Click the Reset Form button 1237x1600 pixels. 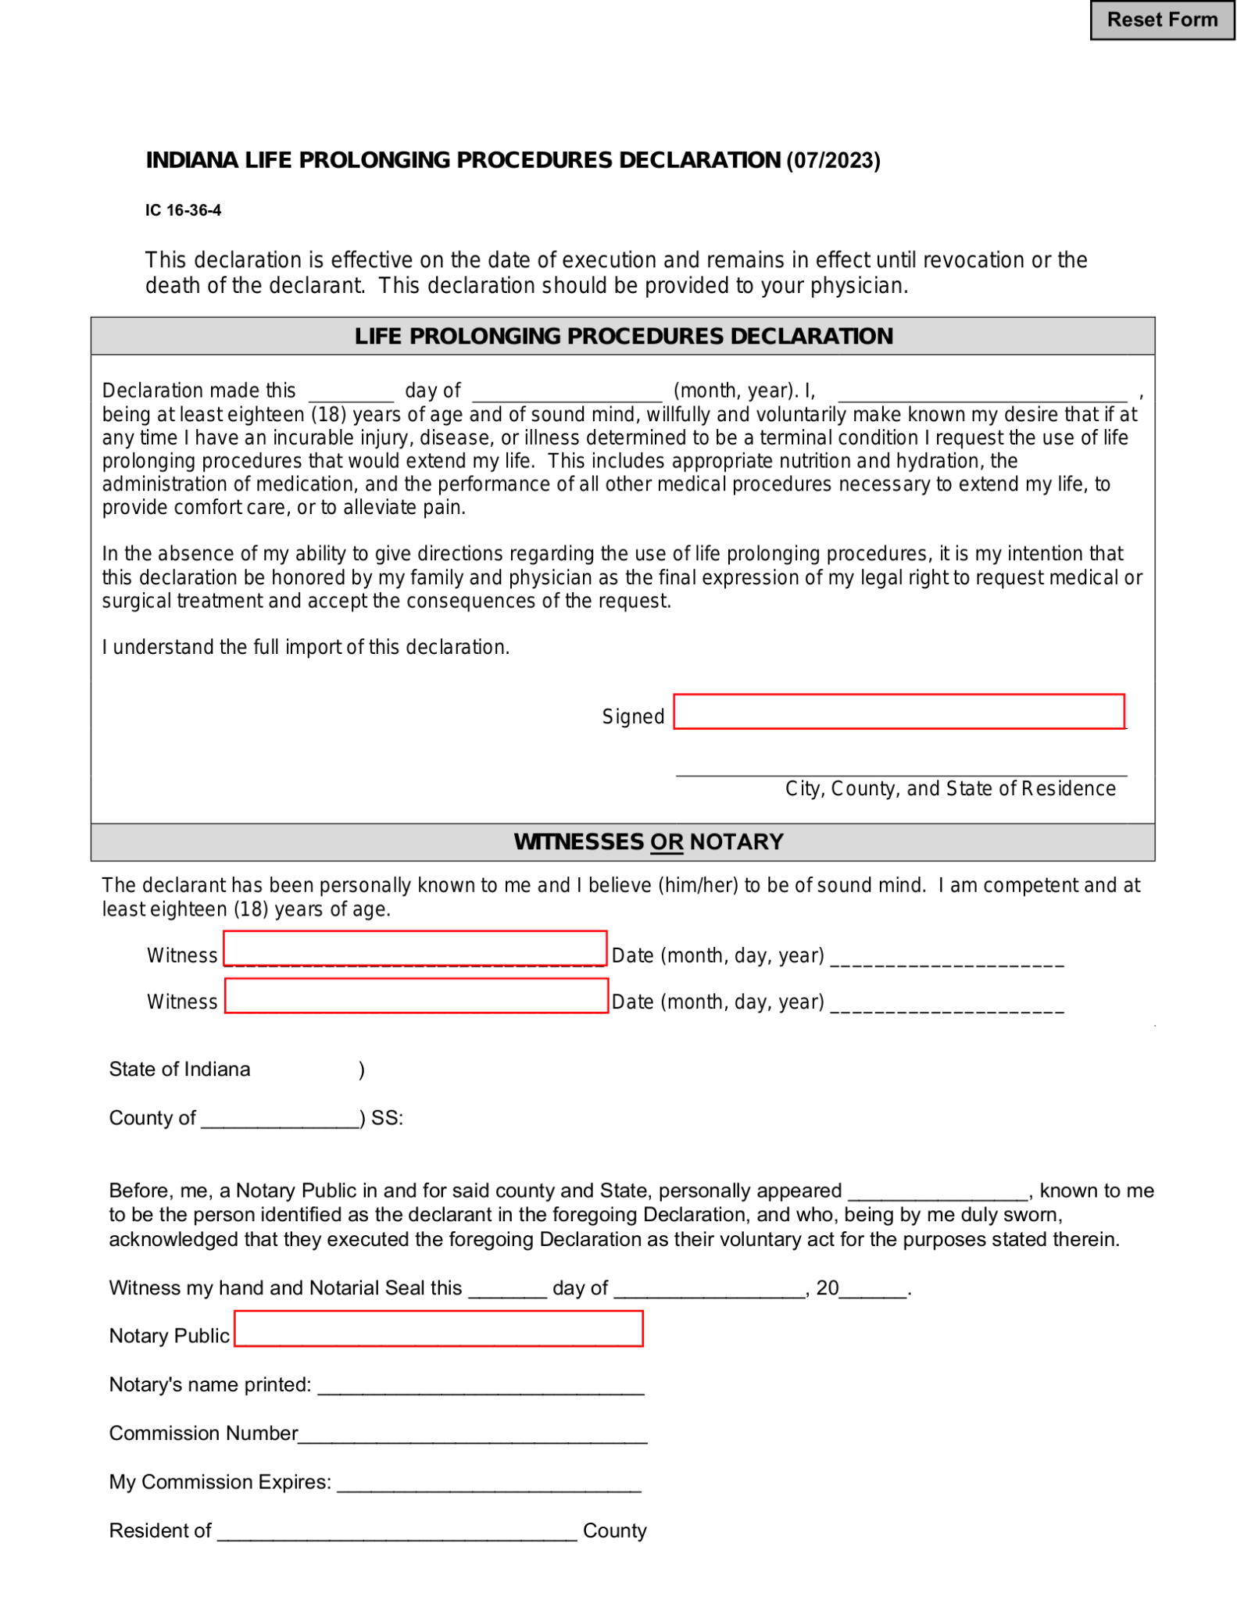pos(1161,20)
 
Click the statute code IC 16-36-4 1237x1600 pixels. pos(183,210)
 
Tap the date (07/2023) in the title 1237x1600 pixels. pos(833,161)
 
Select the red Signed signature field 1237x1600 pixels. pos(898,711)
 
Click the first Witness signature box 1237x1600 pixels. pos(415,948)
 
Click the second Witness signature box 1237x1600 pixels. pos(416,995)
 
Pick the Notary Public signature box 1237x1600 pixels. pos(438,1328)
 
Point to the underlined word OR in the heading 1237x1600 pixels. pos(666,842)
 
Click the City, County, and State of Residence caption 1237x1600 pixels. pos(949,788)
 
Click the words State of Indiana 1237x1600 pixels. pos(180,1069)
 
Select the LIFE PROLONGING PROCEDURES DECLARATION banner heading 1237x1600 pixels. pos(623,336)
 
